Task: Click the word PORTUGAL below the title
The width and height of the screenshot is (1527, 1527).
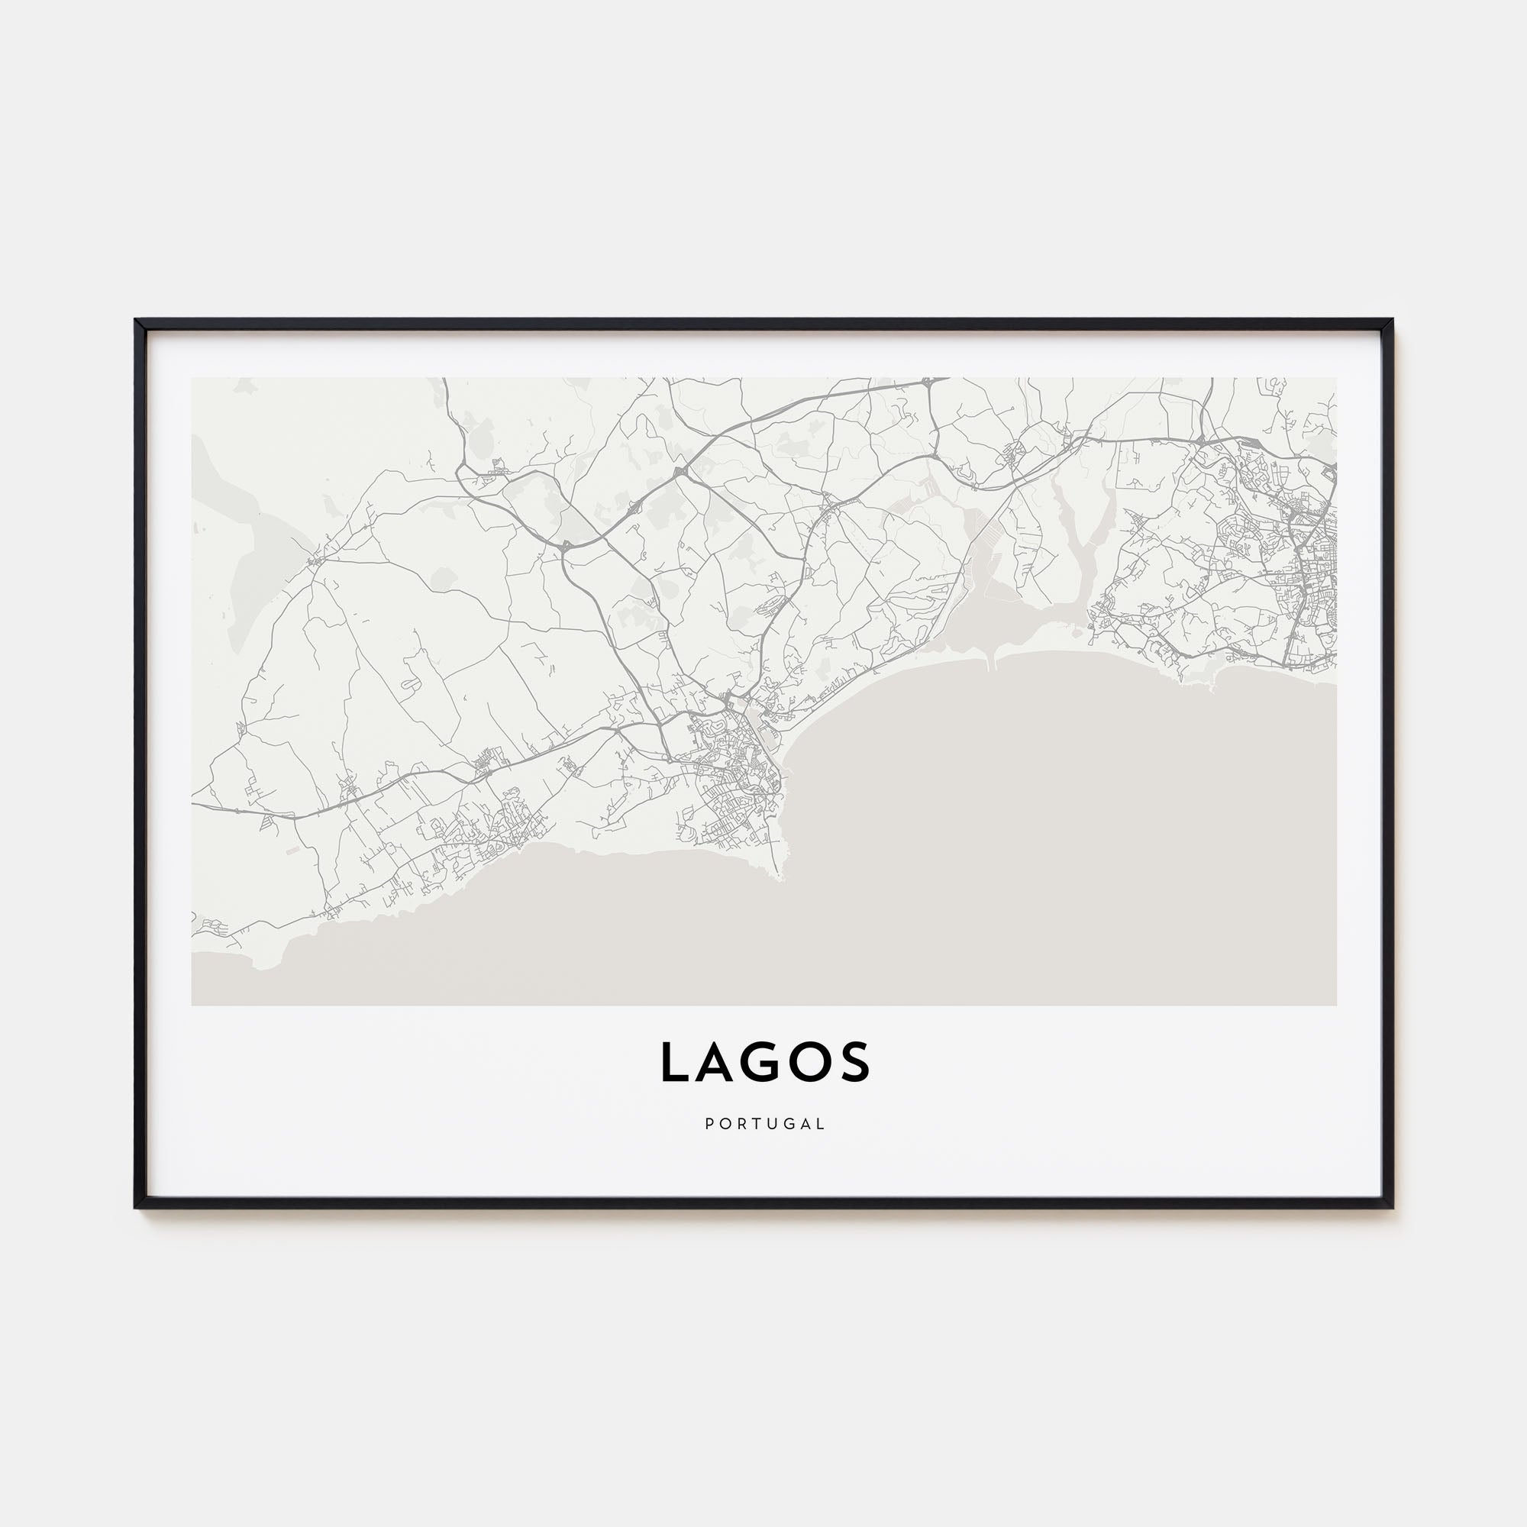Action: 764,1124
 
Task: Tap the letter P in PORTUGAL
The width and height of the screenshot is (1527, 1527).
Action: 709,1124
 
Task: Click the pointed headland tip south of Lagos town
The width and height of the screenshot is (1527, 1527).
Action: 783,877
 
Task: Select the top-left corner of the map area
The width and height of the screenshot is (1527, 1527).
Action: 192,378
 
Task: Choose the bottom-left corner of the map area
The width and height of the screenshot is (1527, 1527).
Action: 192,1006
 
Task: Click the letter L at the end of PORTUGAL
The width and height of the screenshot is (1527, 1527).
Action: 822,1124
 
